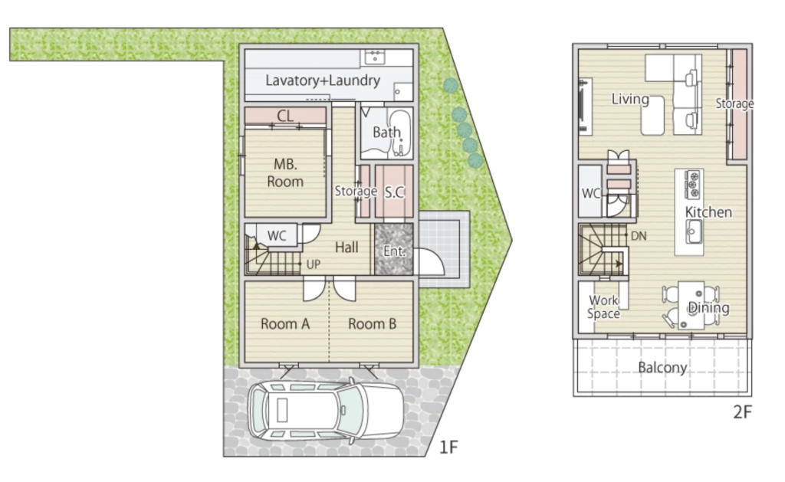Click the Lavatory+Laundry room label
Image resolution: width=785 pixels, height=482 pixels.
tap(323, 80)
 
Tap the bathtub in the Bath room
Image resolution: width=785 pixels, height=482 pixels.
tap(399, 133)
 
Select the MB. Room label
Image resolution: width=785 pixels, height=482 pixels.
tap(285, 172)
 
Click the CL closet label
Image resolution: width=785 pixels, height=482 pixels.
tap(285, 116)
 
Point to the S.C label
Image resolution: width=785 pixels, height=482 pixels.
tap(395, 192)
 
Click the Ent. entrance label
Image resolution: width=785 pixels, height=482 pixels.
tap(394, 251)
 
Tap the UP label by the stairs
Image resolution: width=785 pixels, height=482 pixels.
tap(314, 264)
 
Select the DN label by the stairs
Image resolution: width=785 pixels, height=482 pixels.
tap(639, 236)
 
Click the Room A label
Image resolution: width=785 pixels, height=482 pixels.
tap(285, 324)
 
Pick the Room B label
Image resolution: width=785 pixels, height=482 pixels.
tap(373, 324)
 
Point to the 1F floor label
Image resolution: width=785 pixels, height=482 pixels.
tap(448, 447)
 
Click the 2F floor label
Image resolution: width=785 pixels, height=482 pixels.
tap(742, 412)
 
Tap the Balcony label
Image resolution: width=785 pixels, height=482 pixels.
tap(662, 368)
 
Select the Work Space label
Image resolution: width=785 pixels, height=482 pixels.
tap(604, 307)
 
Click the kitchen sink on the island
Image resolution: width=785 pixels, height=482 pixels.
tap(694, 232)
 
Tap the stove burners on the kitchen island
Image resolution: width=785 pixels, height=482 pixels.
tap(693, 184)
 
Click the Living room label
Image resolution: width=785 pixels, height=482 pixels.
tap(630, 99)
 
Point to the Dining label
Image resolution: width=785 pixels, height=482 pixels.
tap(708, 308)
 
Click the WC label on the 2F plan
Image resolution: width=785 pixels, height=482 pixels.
tap(591, 193)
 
